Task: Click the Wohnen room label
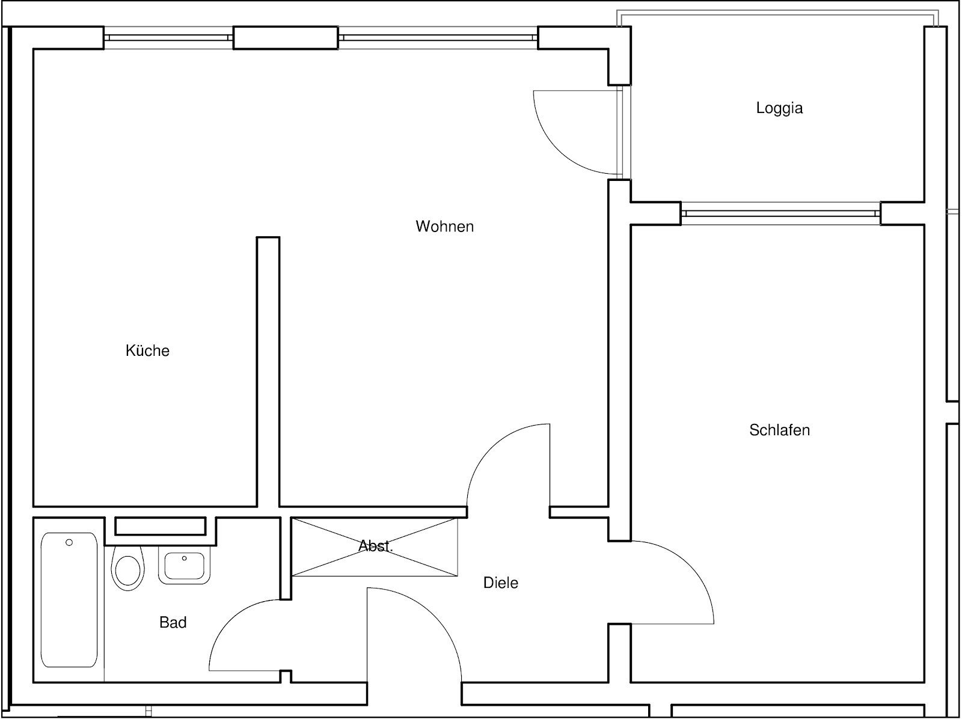tap(444, 227)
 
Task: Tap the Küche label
tap(147, 350)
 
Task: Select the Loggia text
tap(779, 108)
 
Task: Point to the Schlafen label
tap(779, 430)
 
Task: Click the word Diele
tap(500, 583)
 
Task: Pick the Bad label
tap(173, 622)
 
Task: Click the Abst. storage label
tap(376, 546)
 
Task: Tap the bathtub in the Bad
tap(69, 600)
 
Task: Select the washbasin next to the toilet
tap(184, 566)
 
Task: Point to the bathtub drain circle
tap(69, 542)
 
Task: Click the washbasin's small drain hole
tap(184, 558)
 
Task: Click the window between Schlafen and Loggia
tap(780, 213)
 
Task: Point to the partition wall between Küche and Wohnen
tap(268, 372)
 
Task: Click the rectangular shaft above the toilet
tap(161, 526)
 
